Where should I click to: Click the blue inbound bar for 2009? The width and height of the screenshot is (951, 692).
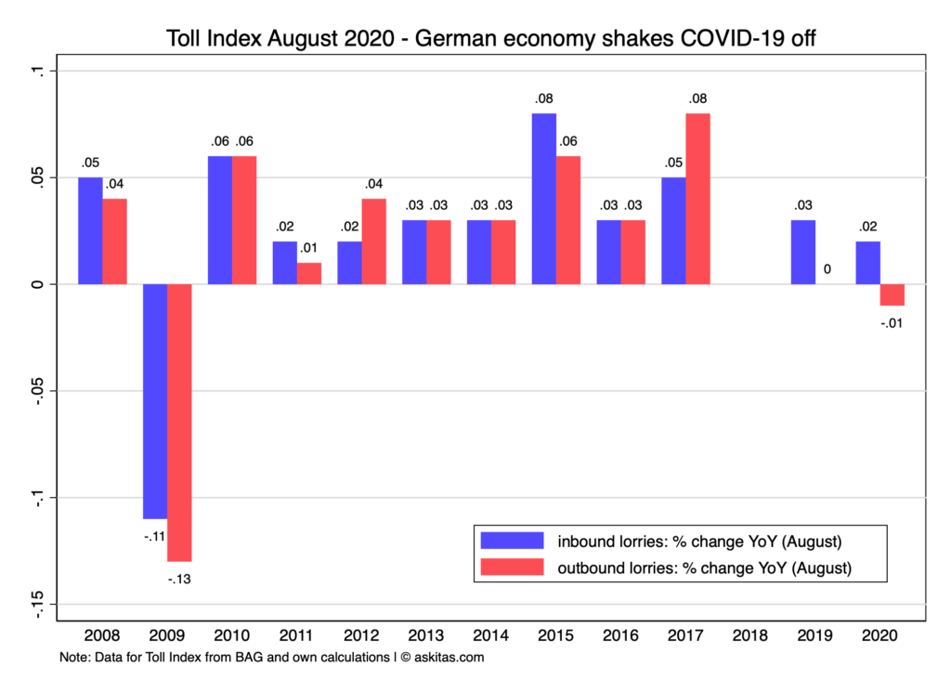click(x=155, y=400)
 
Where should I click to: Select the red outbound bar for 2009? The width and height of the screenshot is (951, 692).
click(x=179, y=422)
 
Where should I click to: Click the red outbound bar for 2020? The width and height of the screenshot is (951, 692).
click(x=892, y=294)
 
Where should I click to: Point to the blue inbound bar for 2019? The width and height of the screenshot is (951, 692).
click(x=803, y=252)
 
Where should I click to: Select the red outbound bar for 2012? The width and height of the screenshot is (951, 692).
click(x=374, y=241)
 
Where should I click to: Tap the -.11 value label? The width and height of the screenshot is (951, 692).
click(x=154, y=537)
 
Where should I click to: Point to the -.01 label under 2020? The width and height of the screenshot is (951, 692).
click(x=892, y=323)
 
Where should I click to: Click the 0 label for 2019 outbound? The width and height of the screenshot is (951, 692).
click(x=827, y=269)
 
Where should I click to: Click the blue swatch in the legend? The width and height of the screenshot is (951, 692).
click(x=511, y=540)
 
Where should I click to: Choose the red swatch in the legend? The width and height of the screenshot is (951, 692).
click(x=511, y=566)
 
